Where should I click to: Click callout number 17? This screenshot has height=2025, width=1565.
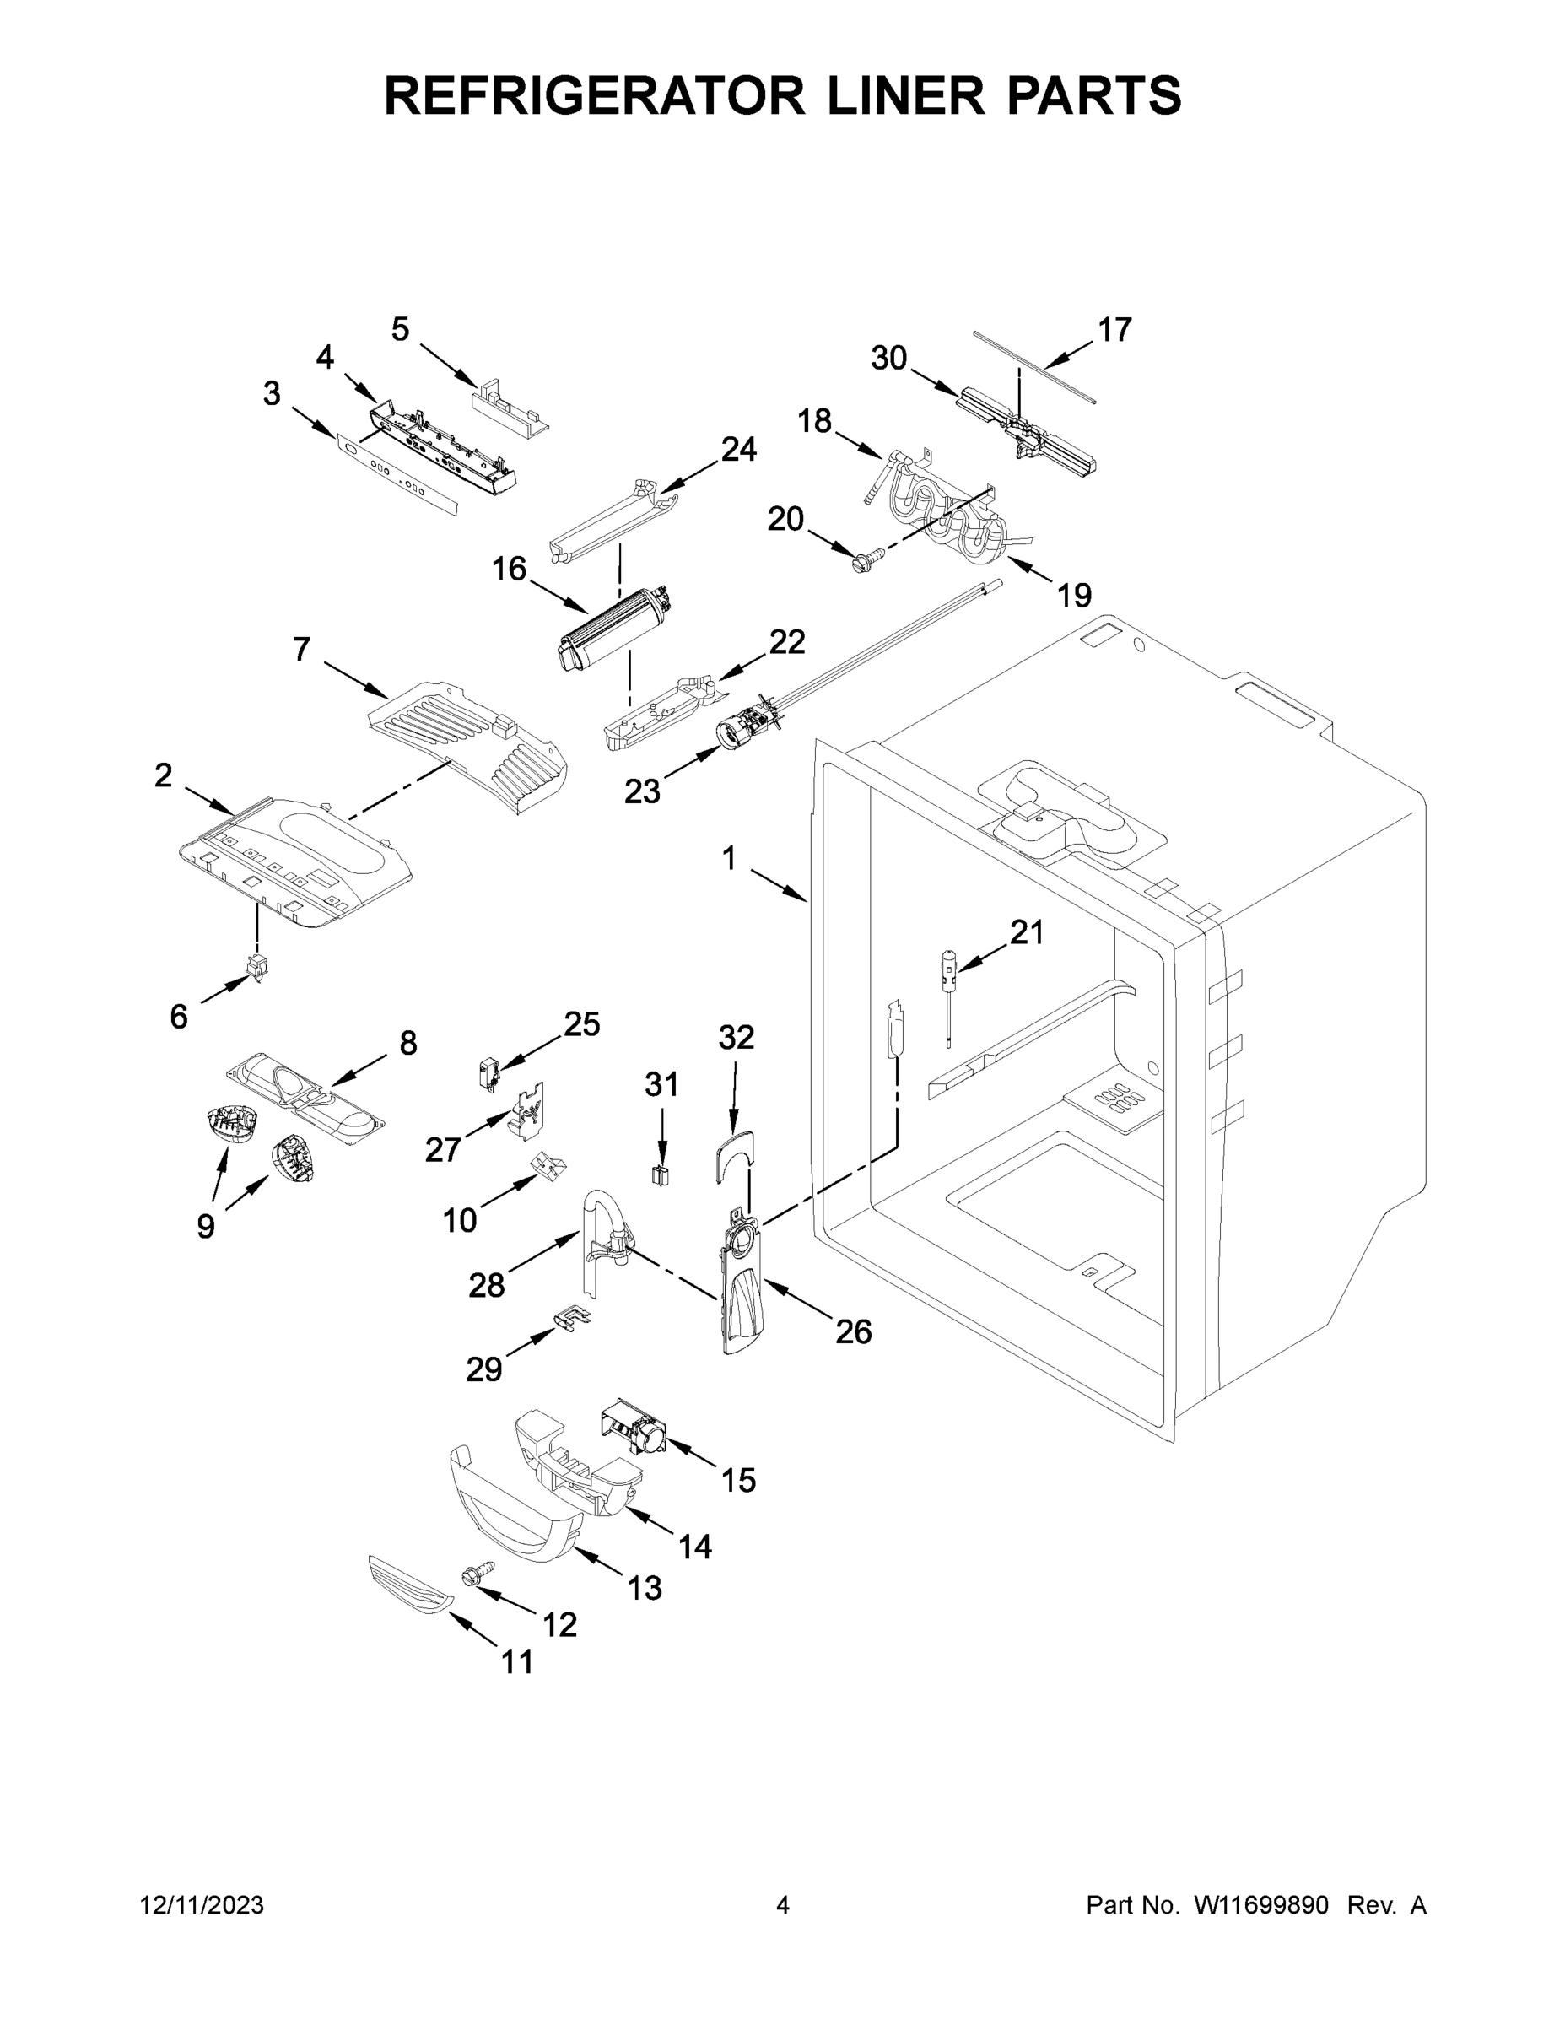click(x=1114, y=329)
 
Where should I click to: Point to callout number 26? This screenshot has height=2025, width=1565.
click(x=853, y=1332)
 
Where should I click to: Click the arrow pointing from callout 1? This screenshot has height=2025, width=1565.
click(x=778, y=884)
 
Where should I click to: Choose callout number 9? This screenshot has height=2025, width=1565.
click(x=206, y=1226)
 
